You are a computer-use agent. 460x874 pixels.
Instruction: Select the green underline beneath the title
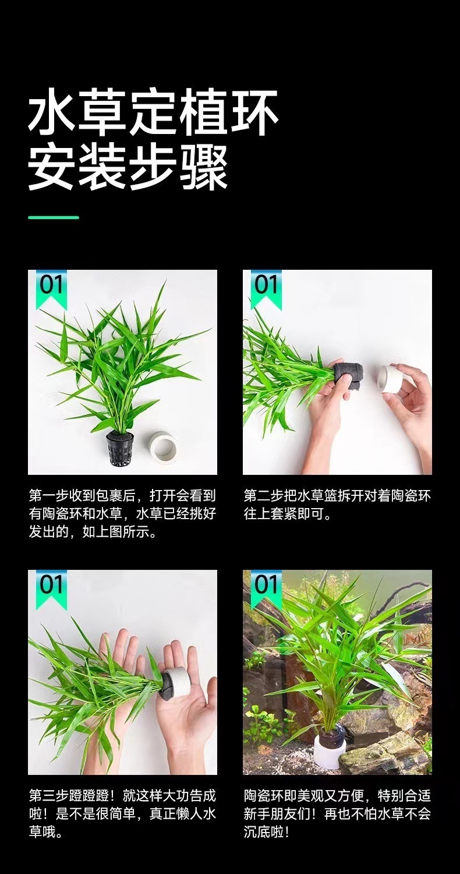point(54,217)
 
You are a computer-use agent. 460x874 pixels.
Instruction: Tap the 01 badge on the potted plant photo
point(51,287)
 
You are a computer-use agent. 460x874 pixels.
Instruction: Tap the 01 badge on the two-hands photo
point(266,287)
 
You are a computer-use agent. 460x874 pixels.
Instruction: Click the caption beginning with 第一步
point(122,514)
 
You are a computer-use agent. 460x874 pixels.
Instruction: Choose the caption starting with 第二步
point(337,505)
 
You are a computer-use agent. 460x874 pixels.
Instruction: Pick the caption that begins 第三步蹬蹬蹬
point(122,813)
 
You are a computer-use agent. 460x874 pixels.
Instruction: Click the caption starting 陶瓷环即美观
point(337,813)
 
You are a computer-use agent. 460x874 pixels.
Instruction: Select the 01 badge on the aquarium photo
point(266,586)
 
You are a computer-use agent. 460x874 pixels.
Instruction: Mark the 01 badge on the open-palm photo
point(51,586)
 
